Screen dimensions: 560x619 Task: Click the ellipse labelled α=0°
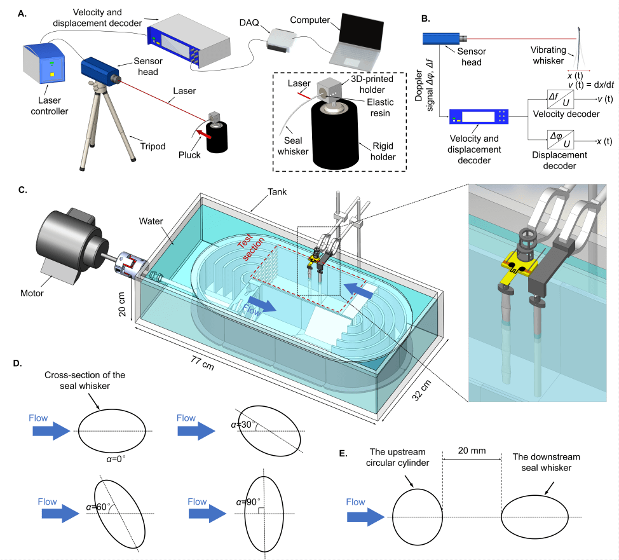coord(107,430)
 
